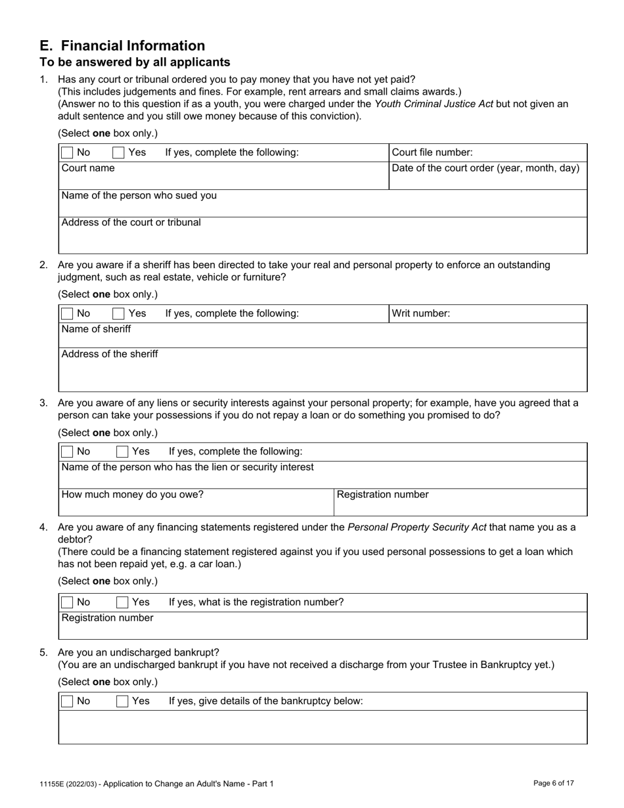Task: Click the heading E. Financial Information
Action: point(122,46)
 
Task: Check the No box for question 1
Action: point(67,152)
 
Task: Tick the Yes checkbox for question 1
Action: point(118,152)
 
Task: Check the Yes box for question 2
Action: point(118,314)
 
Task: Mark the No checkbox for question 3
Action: point(67,452)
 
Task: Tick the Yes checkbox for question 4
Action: point(122,602)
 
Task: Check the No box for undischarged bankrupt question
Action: point(67,702)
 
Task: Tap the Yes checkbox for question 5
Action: point(122,702)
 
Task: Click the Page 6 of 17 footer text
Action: point(554,783)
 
